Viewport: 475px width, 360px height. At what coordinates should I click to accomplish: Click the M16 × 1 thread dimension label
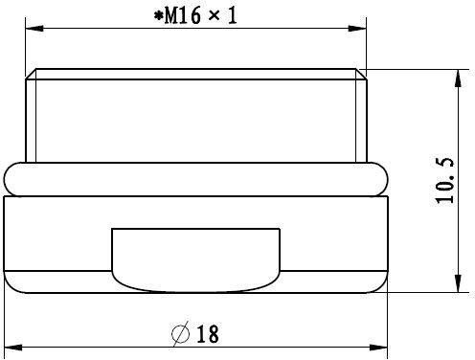pyautogui.click(x=195, y=15)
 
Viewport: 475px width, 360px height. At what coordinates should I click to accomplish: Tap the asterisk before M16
pyautogui.click(x=158, y=15)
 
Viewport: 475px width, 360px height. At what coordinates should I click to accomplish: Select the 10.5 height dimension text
pyautogui.click(x=444, y=180)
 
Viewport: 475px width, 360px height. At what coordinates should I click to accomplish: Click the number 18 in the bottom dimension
pyautogui.click(x=208, y=334)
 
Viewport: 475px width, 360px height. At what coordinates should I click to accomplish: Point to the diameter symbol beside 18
pyautogui.click(x=180, y=334)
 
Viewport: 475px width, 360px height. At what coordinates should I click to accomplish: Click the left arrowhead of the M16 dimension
pyautogui.click(x=34, y=29)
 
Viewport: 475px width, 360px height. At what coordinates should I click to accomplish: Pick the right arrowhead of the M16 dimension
pyautogui.click(x=357, y=29)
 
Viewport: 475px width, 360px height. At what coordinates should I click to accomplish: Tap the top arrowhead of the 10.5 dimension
pyautogui.click(x=458, y=79)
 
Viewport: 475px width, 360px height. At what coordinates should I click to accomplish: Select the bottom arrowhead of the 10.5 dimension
pyautogui.click(x=458, y=282)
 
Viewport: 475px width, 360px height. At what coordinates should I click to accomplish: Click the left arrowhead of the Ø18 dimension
pyautogui.click(x=13, y=348)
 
